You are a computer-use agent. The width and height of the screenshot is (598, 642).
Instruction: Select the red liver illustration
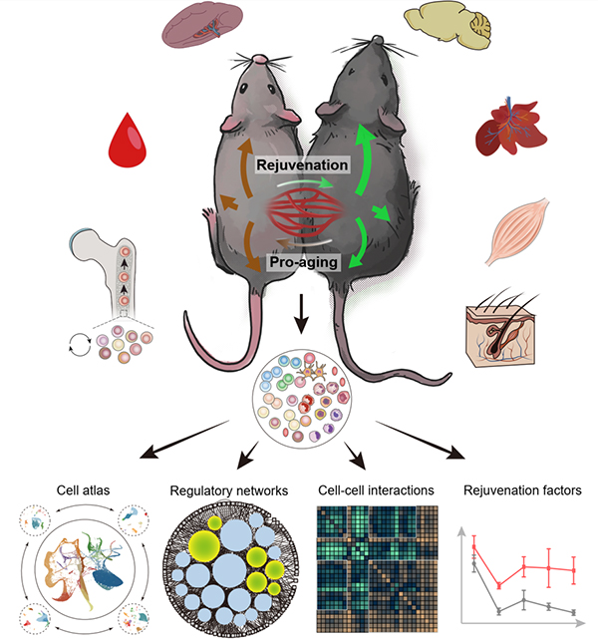tap(512, 132)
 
